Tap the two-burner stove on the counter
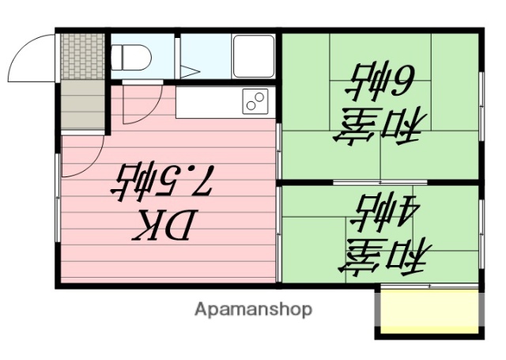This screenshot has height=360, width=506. click(255, 101)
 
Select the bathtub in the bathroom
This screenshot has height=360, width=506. click(253, 55)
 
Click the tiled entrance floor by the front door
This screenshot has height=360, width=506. click(82, 55)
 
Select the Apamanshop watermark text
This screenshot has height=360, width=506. click(253, 309)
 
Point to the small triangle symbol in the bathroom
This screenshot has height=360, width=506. click(191, 70)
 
